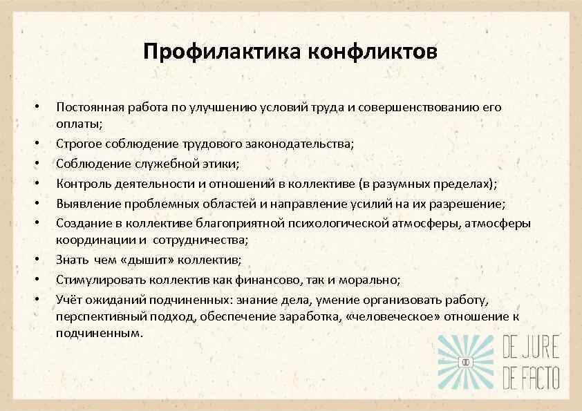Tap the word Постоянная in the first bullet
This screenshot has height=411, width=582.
click(90, 108)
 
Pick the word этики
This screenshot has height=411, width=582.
click(219, 164)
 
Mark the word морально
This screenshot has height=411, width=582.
click(373, 280)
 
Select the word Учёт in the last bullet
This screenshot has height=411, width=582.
click(70, 299)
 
